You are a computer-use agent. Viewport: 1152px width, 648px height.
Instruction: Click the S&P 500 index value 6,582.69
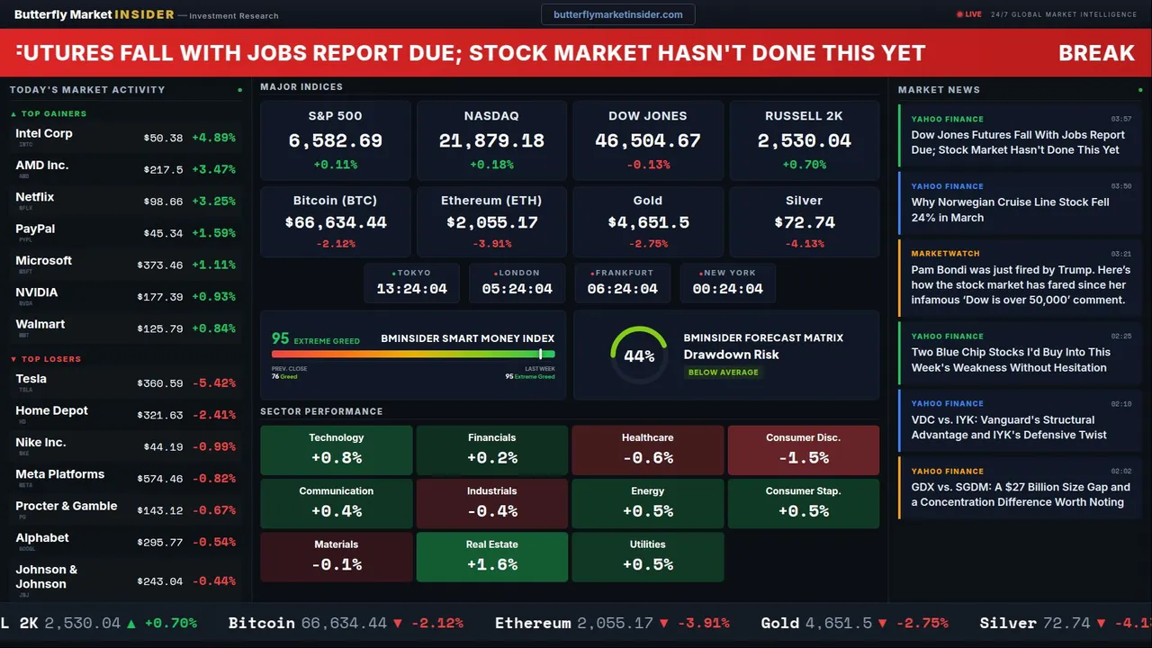pos(335,141)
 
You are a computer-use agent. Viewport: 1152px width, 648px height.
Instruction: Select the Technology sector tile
pos(336,449)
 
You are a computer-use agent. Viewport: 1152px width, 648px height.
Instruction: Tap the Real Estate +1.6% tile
pos(491,556)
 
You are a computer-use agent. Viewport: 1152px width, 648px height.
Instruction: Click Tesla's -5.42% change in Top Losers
pos(214,383)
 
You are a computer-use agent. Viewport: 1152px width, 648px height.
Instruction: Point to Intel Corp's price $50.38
pos(163,139)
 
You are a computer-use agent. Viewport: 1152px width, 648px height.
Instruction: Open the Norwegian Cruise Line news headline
pos(1010,210)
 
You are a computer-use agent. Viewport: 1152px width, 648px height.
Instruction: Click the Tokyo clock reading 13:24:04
pos(411,289)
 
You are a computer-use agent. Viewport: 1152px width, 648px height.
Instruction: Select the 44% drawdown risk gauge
pos(639,355)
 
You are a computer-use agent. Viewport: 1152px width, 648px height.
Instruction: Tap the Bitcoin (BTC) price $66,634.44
pos(335,222)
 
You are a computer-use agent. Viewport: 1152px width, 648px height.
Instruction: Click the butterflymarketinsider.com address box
pos(617,14)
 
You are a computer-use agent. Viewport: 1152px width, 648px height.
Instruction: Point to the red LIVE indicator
pos(970,14)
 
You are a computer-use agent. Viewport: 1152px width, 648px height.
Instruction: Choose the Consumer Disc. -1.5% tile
pos(803,449)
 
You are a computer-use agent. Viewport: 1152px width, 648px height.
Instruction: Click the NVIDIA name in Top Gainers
pos(37,292)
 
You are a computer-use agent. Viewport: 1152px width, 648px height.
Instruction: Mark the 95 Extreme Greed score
pos(281,338)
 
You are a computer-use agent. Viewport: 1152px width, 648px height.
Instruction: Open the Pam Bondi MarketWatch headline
pos(1018,284)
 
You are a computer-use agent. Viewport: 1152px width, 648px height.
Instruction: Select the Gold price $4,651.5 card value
pos(648,222)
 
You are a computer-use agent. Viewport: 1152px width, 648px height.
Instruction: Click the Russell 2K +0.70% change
pos(804,165)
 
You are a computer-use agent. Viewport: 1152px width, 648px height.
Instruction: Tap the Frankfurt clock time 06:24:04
pos(622,289)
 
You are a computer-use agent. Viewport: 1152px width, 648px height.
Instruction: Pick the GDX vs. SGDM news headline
pos(1020,494)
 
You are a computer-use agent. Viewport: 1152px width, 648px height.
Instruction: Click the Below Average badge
pos(723,372)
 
